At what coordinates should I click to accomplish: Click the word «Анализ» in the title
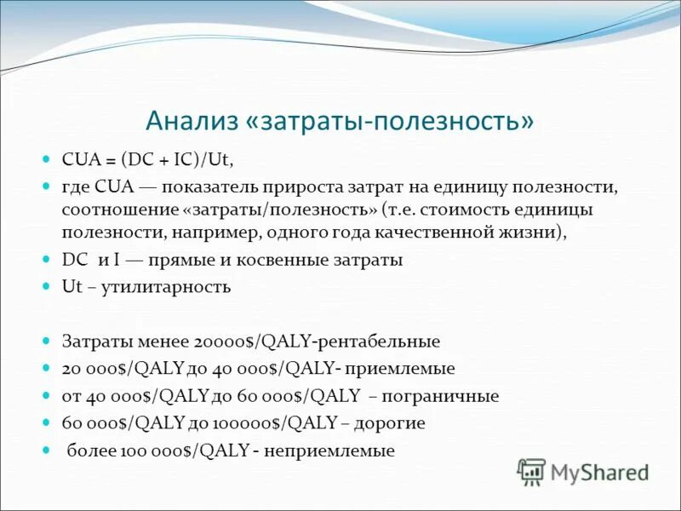(x=191, y=120)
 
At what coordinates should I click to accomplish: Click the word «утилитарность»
(x=166, y=287)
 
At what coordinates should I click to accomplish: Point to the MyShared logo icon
(x=531, y=471)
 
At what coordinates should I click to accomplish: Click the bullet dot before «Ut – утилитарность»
(x=47, y=287)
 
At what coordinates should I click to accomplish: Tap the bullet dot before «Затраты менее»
(x=47, y=342)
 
